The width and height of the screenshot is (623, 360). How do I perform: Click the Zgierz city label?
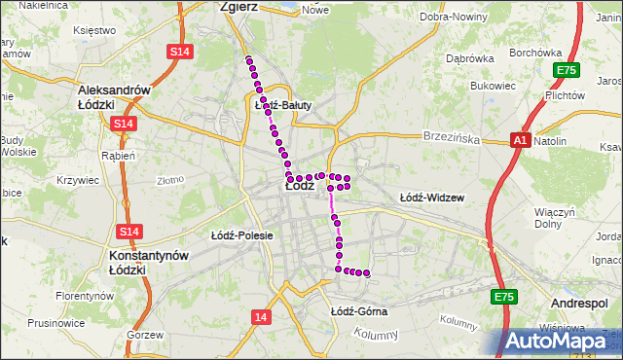tap(239, 6)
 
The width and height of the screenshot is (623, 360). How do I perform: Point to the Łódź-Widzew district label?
tap(431, 198)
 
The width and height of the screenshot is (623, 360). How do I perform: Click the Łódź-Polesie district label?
tap(241, 235)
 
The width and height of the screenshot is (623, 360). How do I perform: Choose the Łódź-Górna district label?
tap(358, 311)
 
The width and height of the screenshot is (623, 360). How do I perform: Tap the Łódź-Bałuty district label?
tap(281, 105)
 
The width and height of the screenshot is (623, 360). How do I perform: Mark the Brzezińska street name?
tap(452, 139)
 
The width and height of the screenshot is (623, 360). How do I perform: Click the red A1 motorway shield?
tap(520, 141)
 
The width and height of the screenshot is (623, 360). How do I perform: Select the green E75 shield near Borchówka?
tap(565, 70)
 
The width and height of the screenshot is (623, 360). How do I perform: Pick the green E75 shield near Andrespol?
tap(503, 297)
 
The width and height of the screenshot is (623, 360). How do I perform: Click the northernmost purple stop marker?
tap(249, 60)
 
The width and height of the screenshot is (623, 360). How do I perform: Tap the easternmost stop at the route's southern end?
tap(367, 273)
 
